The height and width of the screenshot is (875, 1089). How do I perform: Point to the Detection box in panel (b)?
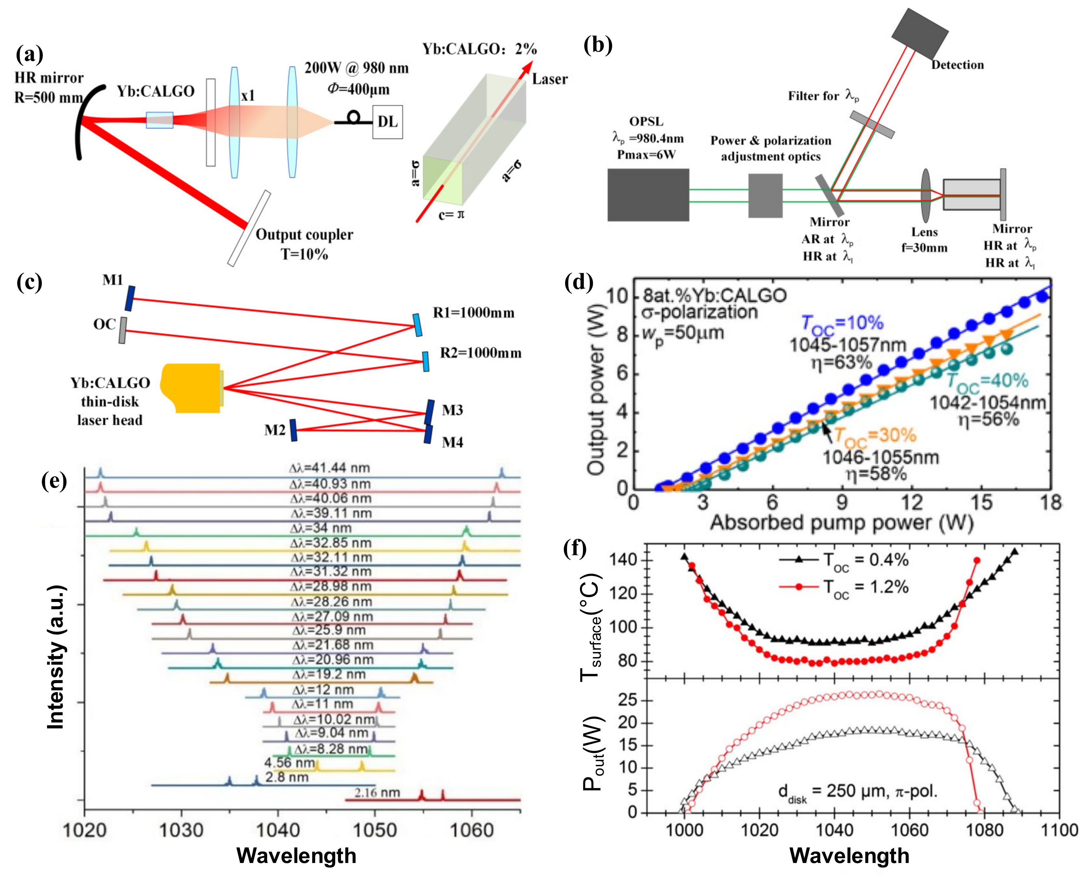pyautogui.click(x=919, y=32)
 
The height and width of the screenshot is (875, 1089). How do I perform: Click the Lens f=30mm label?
pyautogui.click(x=924, y=240)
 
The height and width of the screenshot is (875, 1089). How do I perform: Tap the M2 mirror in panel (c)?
pyautogui.click(x=293, y=430)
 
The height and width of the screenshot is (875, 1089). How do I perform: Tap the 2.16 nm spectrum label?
pyautogui.click(x=377, y=792)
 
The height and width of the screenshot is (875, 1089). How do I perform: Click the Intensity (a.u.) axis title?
pyautogui.click(x=56, y=657)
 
